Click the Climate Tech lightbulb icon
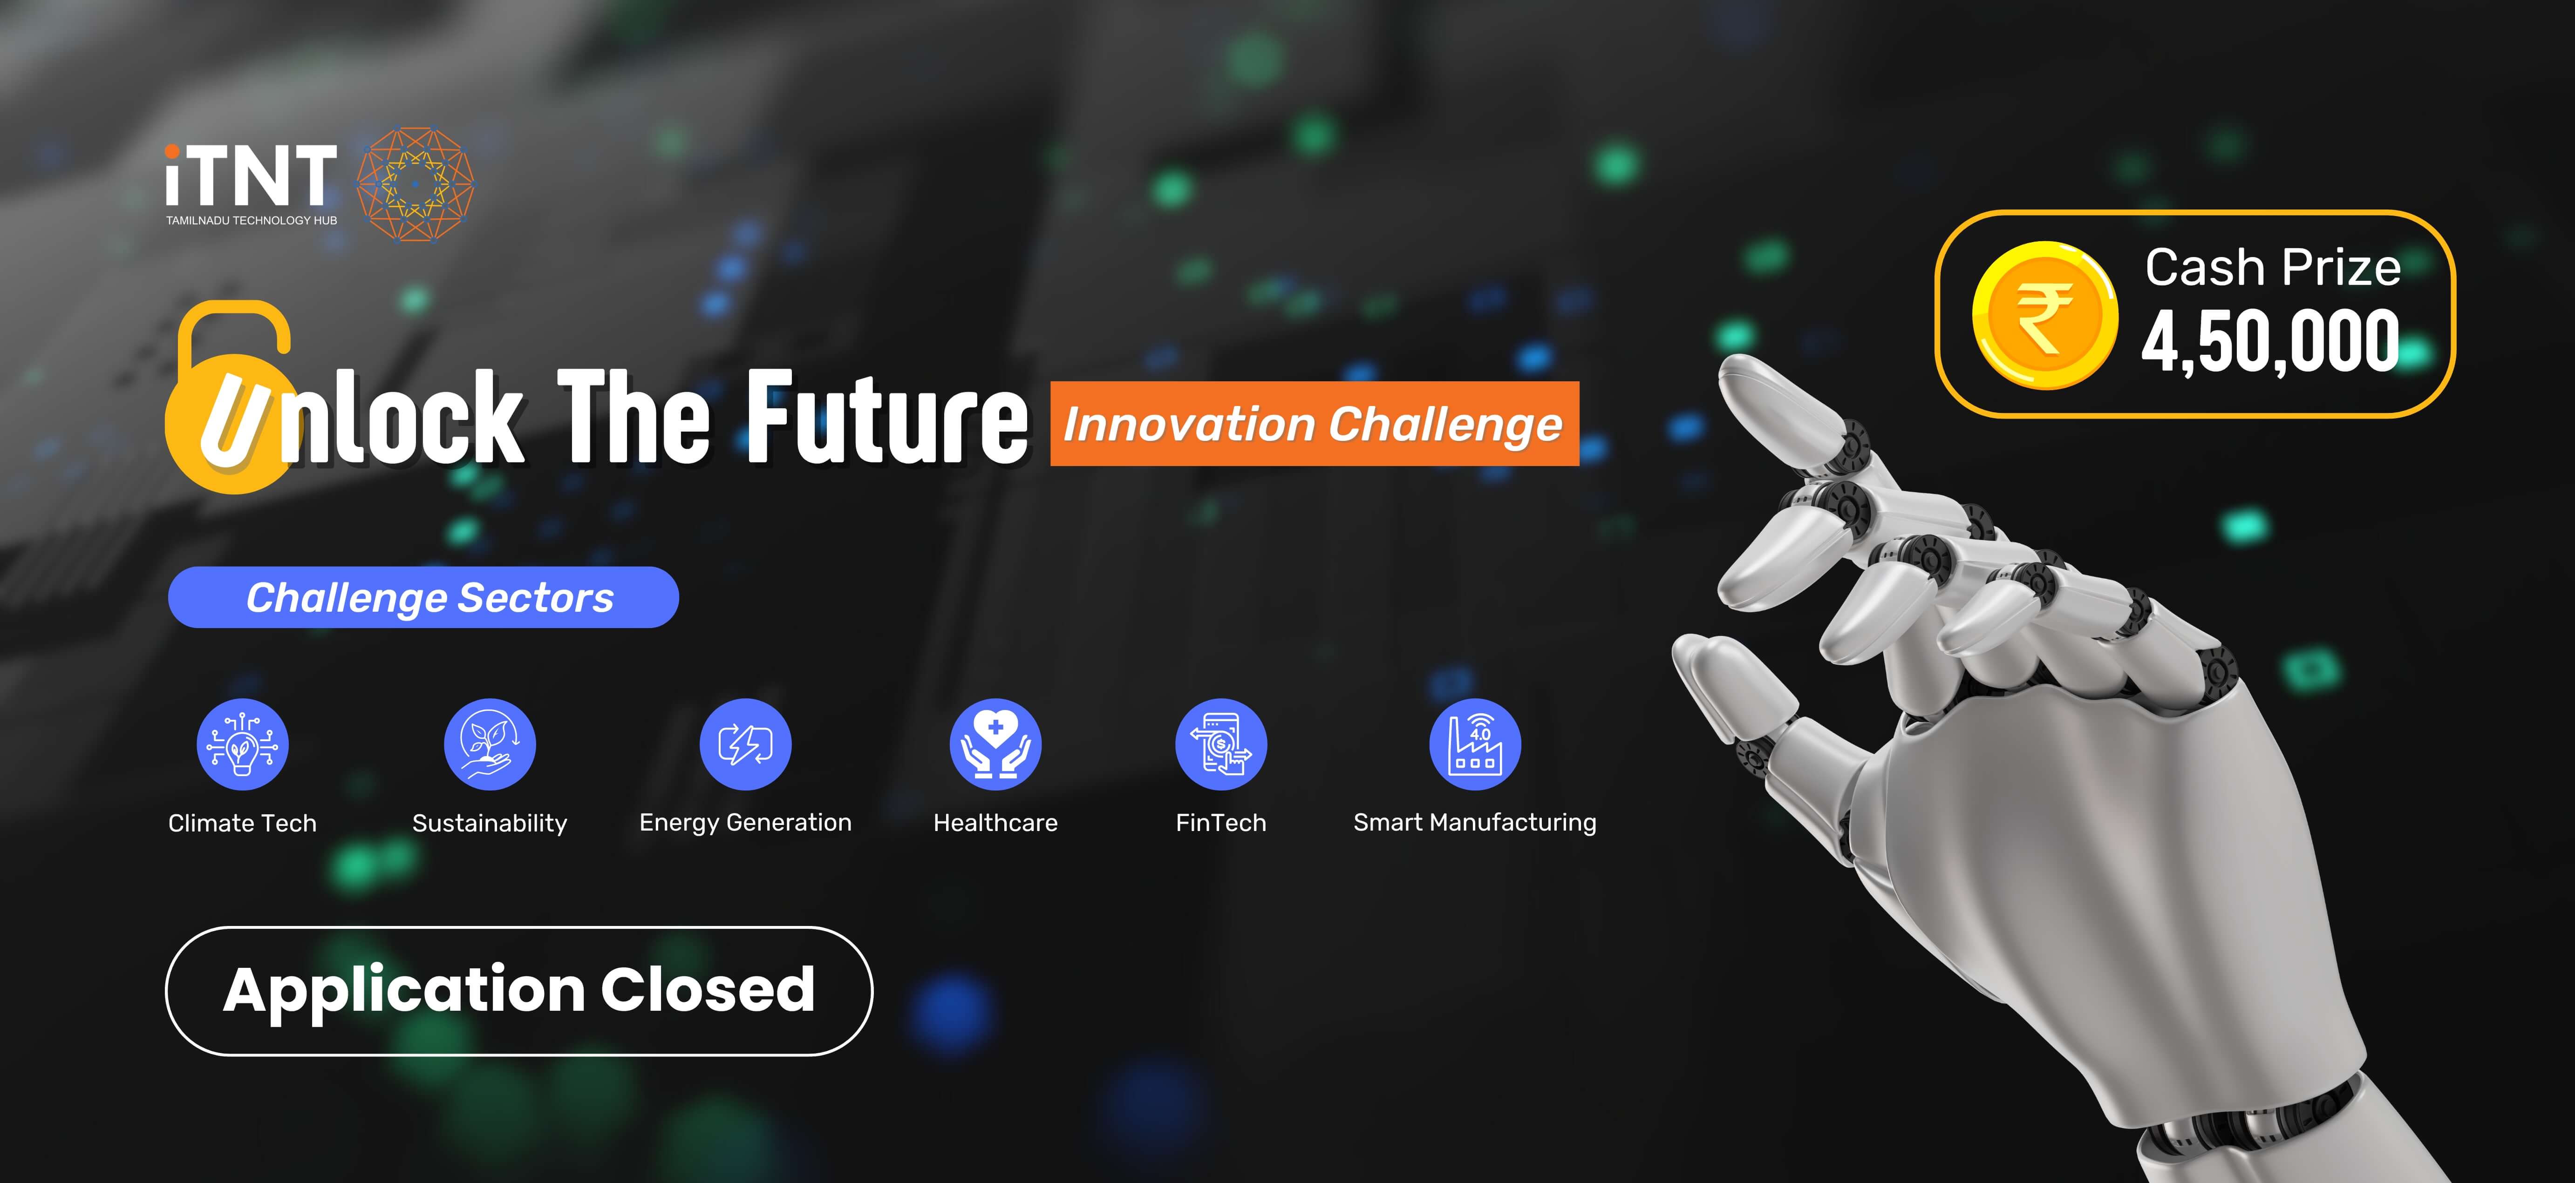click(242, 744)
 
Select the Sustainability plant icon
click(490, 744)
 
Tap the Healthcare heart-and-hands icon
click(995, 744)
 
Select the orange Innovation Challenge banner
click(1314, 424)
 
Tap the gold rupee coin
click(2044, 315)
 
